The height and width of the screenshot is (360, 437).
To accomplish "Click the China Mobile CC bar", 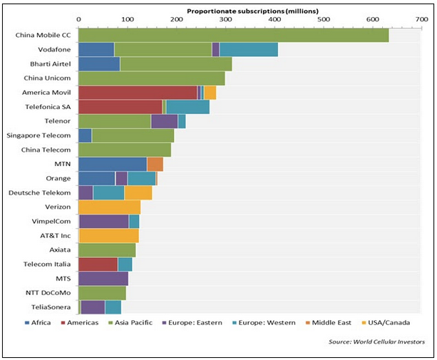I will pos(233,35).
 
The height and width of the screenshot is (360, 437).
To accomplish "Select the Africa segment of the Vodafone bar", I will pos(96,50).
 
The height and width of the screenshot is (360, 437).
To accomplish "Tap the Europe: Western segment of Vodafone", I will pos(248,50).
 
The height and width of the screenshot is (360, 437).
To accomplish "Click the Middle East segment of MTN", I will pos(155,165).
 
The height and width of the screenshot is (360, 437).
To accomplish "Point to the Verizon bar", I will pos(109,207).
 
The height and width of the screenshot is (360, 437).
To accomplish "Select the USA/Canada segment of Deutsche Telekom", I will pos(138,192).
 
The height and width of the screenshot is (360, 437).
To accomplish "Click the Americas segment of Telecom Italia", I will pos(98,264).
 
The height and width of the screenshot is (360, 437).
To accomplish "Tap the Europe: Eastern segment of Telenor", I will pos(164,121).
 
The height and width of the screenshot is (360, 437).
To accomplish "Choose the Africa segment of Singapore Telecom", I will pos(85,135).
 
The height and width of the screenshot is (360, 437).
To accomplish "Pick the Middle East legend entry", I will pos(331,323).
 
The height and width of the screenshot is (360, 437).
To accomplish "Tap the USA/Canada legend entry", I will pos(389,323).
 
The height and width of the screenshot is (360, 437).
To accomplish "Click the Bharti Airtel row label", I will pos(48,64).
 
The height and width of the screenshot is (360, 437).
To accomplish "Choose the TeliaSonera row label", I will pos(50,307).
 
